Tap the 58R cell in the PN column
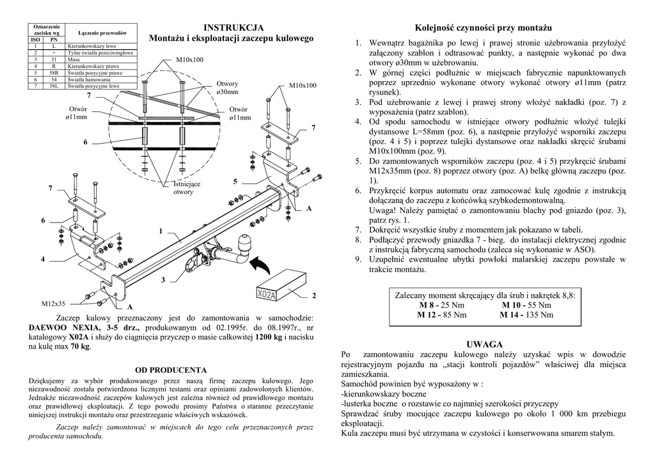(54, 73)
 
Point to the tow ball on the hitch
(247, 243)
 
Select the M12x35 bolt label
(53, 304)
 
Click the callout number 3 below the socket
(163, 280)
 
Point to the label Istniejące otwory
(186, 188)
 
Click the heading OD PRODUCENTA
(171, 370)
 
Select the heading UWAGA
(485, 344)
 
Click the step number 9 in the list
(358, 259)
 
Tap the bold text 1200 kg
(268, 337)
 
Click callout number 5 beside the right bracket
(235, 182)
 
